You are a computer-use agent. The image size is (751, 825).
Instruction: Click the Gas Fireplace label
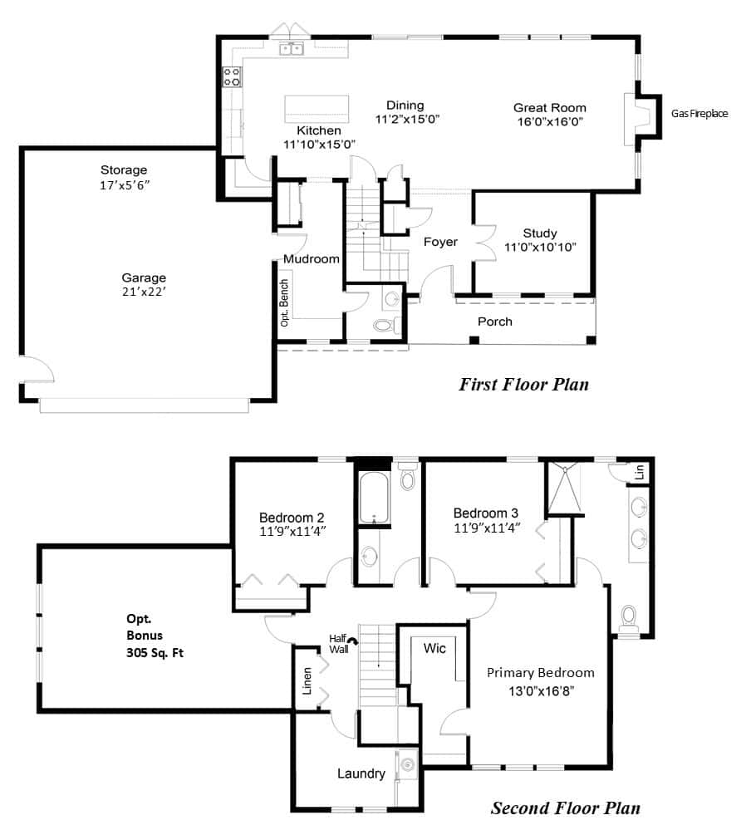[699, 114]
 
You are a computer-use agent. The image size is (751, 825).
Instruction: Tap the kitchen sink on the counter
[291, 49]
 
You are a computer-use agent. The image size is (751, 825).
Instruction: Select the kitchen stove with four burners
[232, 76]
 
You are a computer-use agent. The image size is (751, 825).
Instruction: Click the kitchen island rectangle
[317, 109]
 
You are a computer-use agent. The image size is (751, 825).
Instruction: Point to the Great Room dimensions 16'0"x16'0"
[549, 121]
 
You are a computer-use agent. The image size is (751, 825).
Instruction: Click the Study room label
[540, 233]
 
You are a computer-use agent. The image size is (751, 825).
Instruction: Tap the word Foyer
[440, 242]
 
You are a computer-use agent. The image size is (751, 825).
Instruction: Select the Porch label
[494, 322]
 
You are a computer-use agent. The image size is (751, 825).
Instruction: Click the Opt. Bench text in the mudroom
[284, 302]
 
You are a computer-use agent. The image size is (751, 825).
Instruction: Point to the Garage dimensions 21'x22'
[144, 291]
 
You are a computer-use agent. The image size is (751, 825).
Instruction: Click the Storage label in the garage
[124, 170]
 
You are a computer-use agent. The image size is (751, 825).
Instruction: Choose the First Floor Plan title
[523, 384]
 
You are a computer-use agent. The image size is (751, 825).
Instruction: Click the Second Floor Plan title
[566, 808]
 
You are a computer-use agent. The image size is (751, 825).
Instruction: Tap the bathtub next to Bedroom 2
[374, 498]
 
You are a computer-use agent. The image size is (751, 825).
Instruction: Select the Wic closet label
[434, 648]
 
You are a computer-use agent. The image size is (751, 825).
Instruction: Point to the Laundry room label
[361, 773]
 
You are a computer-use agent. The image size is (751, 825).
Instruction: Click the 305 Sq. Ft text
[155, 653]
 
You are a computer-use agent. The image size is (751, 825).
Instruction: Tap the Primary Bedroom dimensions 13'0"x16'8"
[541, 691]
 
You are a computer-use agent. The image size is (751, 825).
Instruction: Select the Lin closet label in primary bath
[640, 472]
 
